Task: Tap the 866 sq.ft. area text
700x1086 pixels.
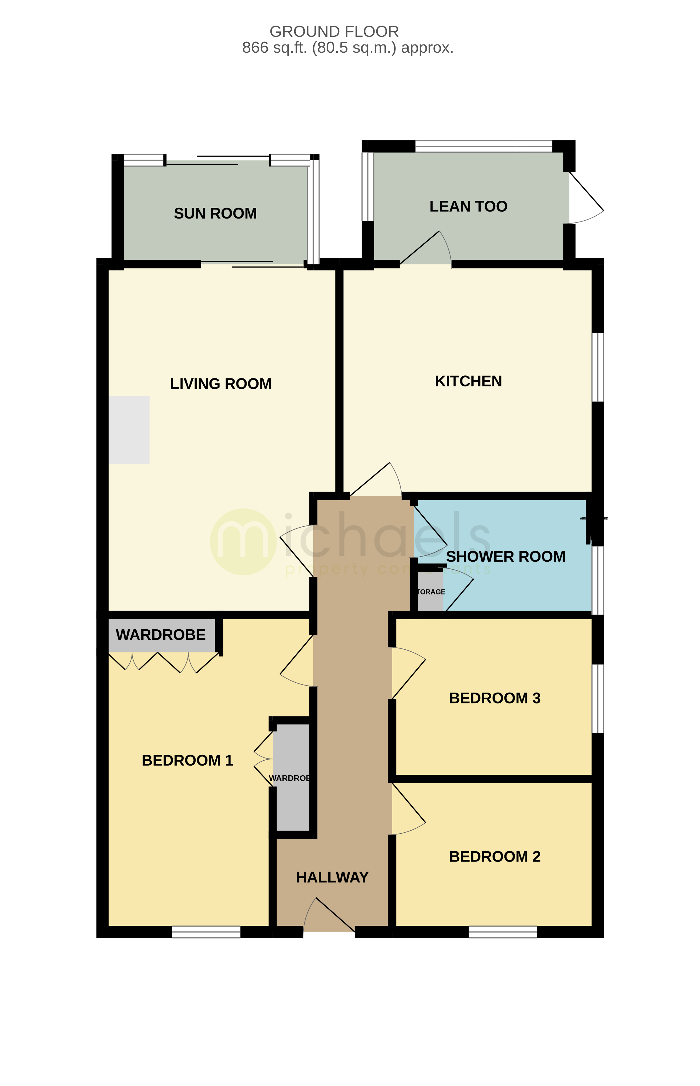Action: click(348, 48)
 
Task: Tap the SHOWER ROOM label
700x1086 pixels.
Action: click(506, 557)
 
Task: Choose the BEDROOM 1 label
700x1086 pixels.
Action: click(187, 760)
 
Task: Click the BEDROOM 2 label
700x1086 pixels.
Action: click(495, 857)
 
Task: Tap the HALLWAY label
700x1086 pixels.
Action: click(332, 877)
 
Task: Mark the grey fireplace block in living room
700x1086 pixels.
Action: click(129, 430)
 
